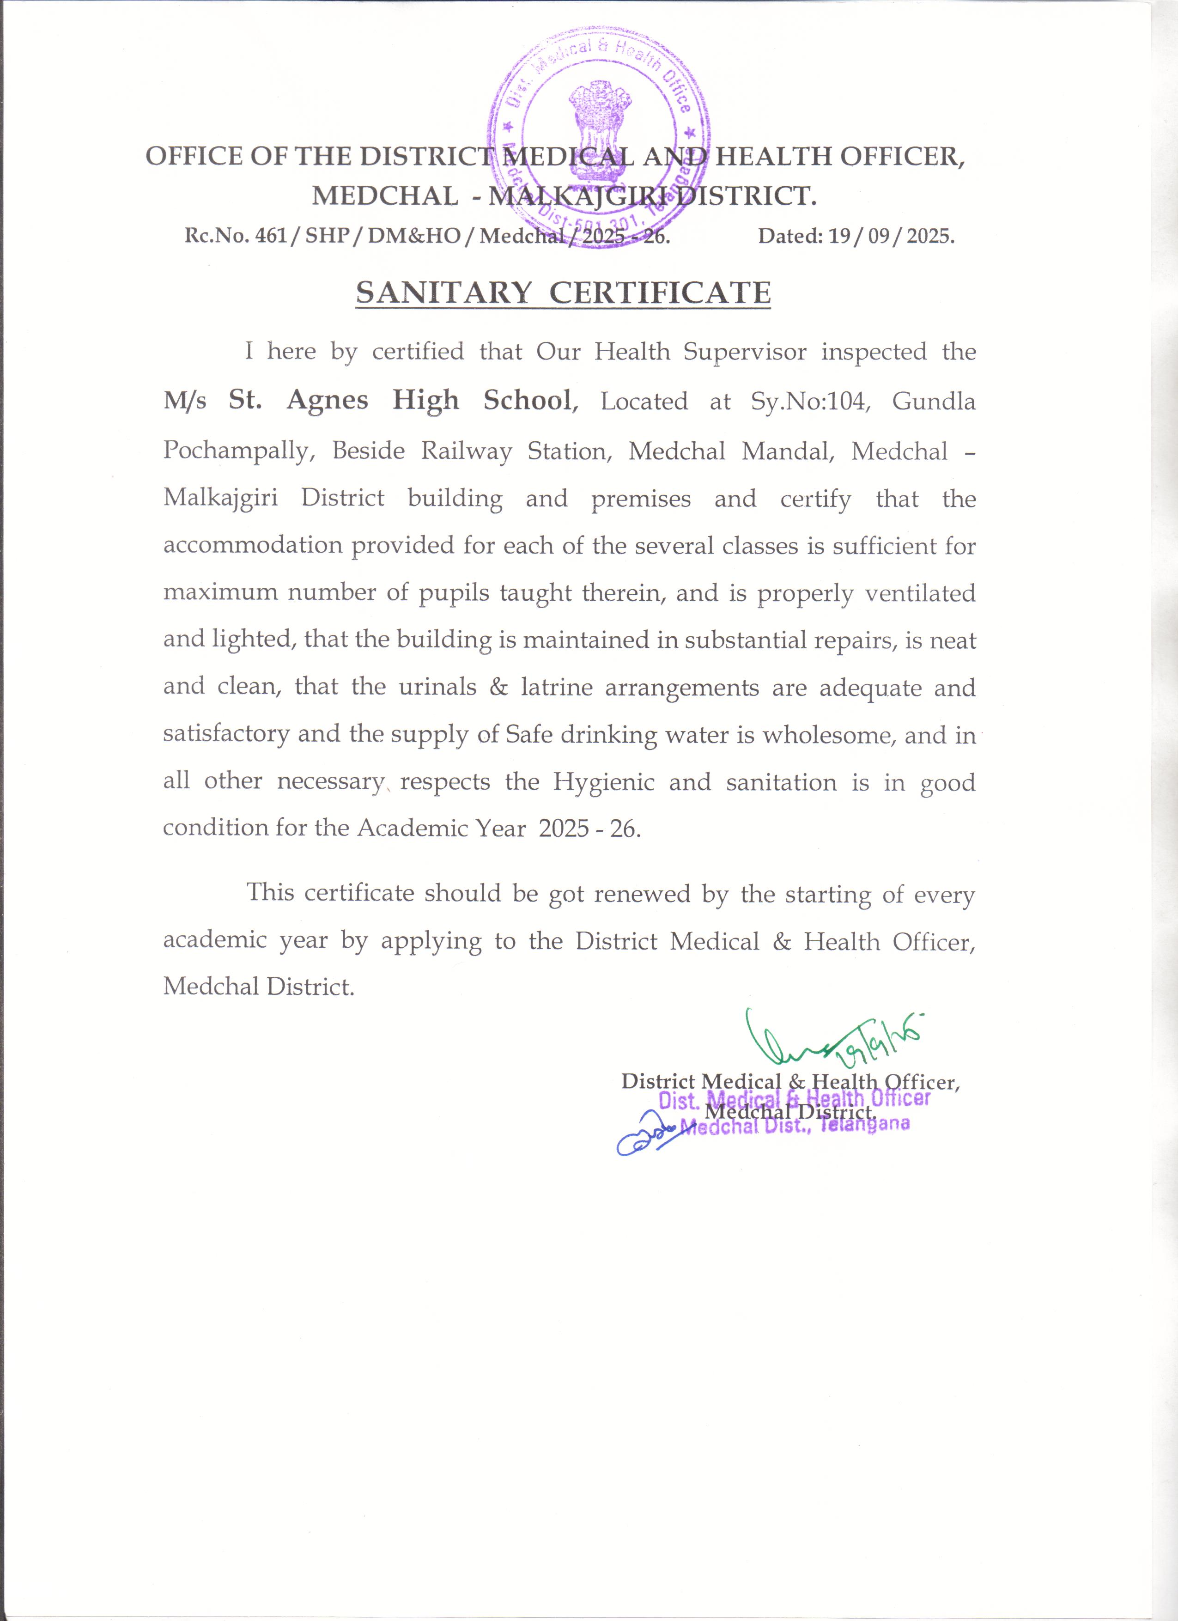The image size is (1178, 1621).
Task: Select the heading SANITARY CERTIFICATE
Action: tap(563, 293)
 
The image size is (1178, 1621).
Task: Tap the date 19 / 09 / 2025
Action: tap(890, 236)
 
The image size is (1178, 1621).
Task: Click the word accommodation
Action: tap(252, 545)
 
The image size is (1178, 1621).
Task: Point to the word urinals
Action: tap(437, 687)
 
